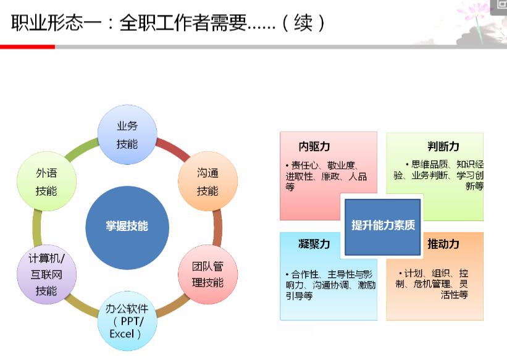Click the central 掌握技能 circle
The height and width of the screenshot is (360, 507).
(127, 228)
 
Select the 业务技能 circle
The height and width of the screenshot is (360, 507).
(127, 135)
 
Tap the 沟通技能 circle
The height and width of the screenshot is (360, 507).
(208, 181)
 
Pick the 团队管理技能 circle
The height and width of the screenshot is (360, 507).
(208, 274)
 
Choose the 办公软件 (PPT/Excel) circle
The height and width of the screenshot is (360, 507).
(127, 321)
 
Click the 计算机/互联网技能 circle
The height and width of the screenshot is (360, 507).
(46, 274)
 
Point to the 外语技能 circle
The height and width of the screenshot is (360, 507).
(46, 181)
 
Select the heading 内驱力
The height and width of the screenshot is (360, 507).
(314, 146)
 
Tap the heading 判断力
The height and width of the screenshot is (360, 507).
(443, 146)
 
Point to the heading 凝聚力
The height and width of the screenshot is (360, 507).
(314, 244)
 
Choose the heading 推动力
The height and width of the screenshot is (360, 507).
(443, 244)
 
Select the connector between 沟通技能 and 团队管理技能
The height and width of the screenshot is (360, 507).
(217, 228)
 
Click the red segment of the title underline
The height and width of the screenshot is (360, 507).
(28, 47)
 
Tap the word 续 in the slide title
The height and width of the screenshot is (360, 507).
(303, 23)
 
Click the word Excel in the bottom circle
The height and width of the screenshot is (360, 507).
(122, 334)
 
